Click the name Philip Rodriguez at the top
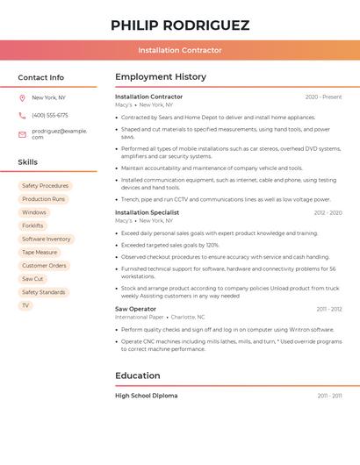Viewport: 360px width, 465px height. tap(180, 25)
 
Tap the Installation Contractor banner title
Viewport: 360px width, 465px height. tap(180, 51)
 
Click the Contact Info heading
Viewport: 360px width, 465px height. tap(40, 77)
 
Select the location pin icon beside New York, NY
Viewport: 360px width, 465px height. tap(22, 97)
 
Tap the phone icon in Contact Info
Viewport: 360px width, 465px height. tap(22, 115)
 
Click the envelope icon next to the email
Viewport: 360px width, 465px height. tap(22, 133)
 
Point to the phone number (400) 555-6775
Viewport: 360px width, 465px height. tap(50, 115)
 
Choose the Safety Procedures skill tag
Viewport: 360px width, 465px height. tap(45, 186)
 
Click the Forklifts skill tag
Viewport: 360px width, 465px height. tap(32, 225)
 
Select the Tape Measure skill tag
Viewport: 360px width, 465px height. tap(40, 253)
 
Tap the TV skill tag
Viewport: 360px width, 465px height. tap(25, 305)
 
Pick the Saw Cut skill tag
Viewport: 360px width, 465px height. tap(32, 279)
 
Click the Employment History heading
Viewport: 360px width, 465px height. tap(161, 77)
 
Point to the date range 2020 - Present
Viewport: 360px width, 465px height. tap(323, 97)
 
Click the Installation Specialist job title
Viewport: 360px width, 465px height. tap(147, 212)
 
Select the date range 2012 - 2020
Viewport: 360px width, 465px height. tap(328, 212)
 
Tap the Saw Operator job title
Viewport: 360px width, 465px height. tap(135, 309)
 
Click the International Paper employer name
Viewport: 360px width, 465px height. tap(139, 317)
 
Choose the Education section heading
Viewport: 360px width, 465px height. tap(137, 376)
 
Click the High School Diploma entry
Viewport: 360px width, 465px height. tap(146, 396)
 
